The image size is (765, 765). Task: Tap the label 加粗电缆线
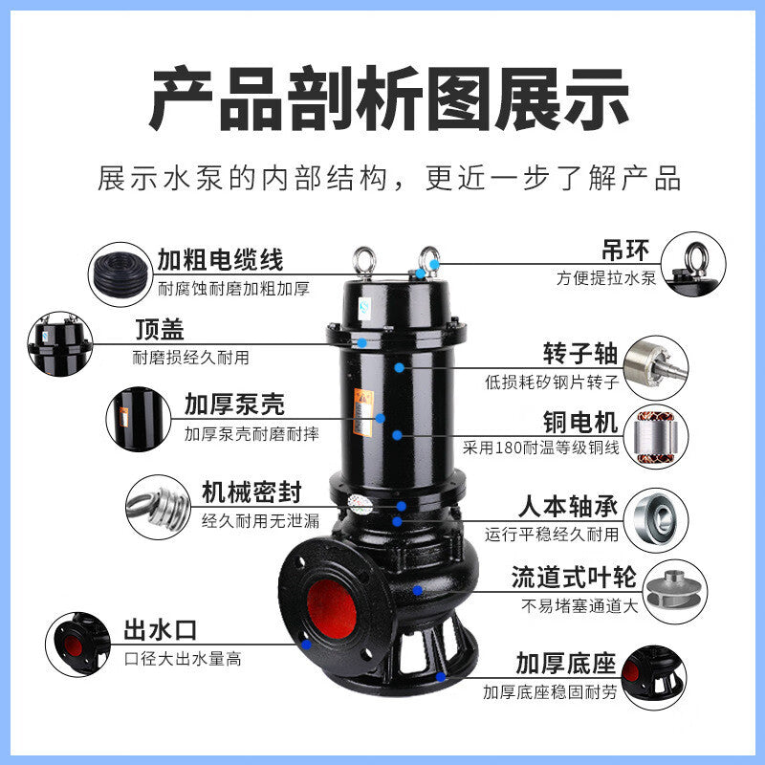click(220, 259)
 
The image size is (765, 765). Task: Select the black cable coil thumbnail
click(120, 272)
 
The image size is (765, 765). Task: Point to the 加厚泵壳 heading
click(234, 404)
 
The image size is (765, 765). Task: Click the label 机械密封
click(251, 492)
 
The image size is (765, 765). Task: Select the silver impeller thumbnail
click(668, 583)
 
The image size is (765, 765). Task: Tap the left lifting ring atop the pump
click(364, 259)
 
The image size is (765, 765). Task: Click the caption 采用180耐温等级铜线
click(541, 447)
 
